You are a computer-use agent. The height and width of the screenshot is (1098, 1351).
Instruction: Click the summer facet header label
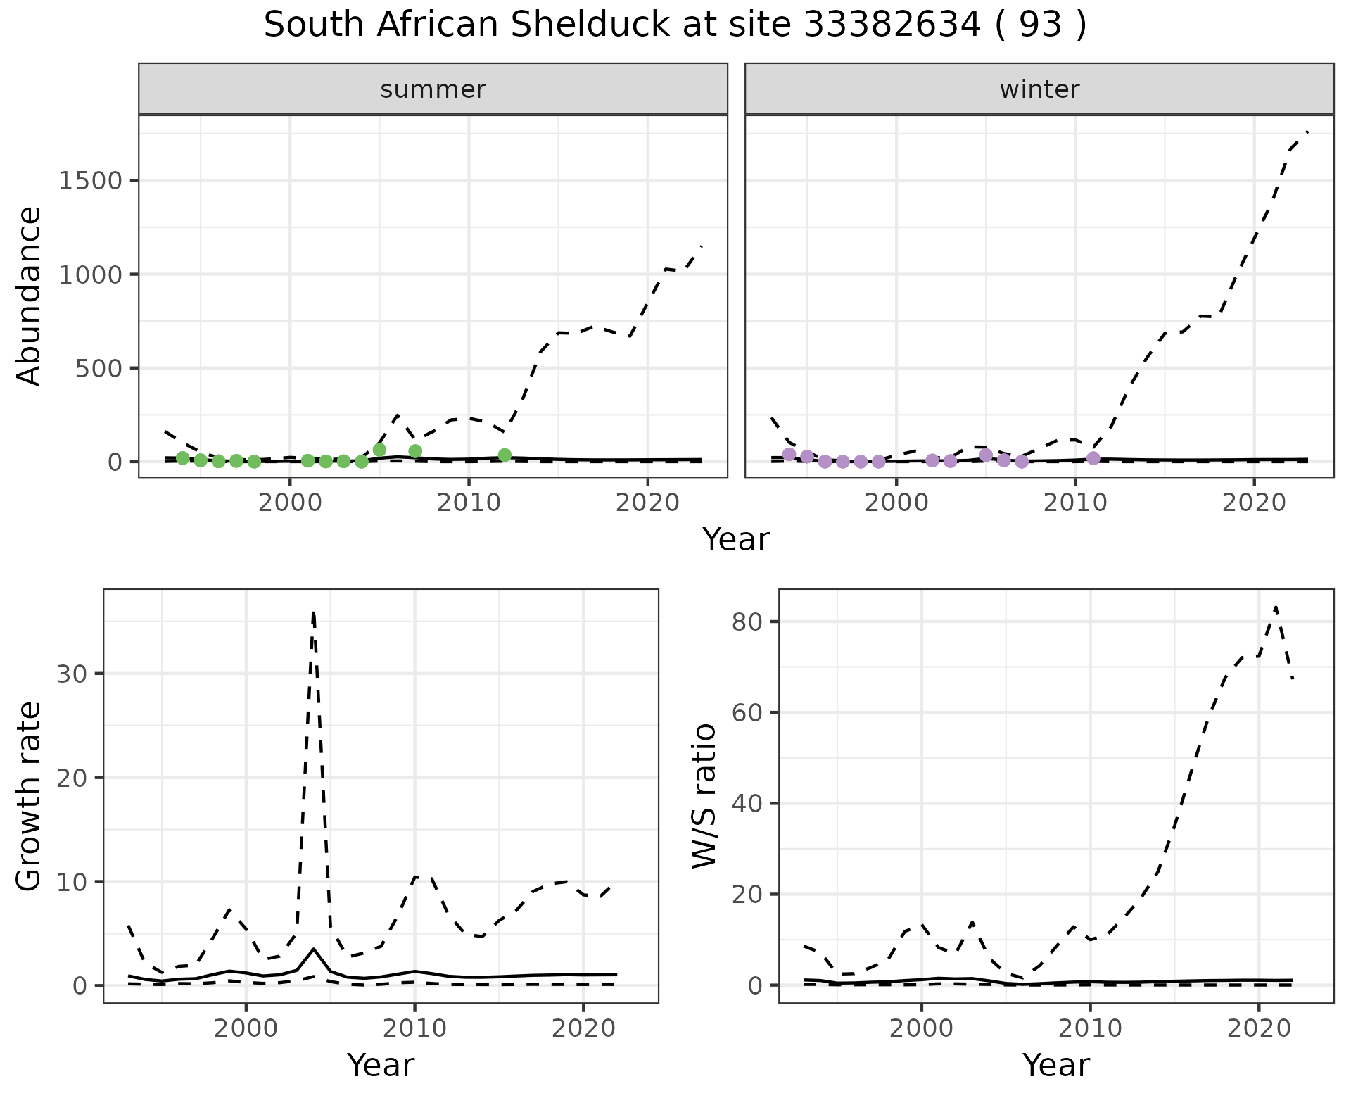(x=433, y=89)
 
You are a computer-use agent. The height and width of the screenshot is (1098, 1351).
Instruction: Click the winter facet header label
(x=1039, y=89)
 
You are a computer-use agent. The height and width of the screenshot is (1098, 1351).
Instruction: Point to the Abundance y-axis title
(x=30, y=296)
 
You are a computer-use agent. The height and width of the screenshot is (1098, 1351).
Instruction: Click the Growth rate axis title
(x=30, y=797)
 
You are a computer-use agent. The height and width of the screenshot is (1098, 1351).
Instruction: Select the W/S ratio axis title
(x=704, y=795)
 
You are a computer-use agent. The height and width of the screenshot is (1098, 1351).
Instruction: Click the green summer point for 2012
(x=505, y=455)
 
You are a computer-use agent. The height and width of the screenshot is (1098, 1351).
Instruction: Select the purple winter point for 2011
(x=1093, y=458)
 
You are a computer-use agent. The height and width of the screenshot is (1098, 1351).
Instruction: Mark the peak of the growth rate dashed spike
(x=313, y=612)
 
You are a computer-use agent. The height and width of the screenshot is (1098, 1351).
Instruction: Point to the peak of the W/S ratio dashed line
(x=1275, y=607)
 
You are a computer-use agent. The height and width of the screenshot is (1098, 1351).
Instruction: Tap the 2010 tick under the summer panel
(x=469, y=503)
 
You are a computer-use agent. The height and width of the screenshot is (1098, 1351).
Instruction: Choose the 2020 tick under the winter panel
(x=1253, y=503)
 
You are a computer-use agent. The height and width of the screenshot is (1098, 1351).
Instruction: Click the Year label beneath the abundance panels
(x=736, y=540)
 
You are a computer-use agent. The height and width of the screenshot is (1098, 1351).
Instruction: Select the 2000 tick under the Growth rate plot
(x=246, y=1028)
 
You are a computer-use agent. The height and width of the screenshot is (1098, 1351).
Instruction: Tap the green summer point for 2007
(x=415, y=451)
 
